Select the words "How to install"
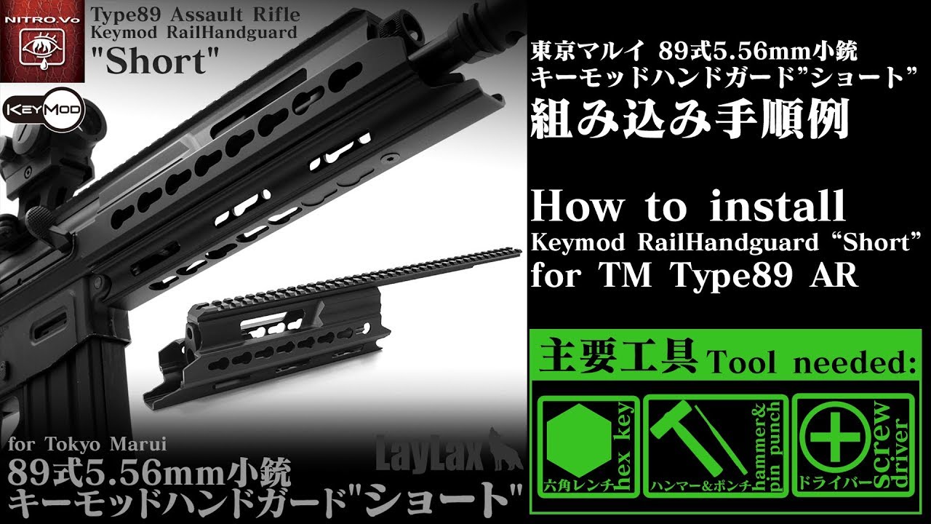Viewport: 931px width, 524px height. [x=688, y=207]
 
